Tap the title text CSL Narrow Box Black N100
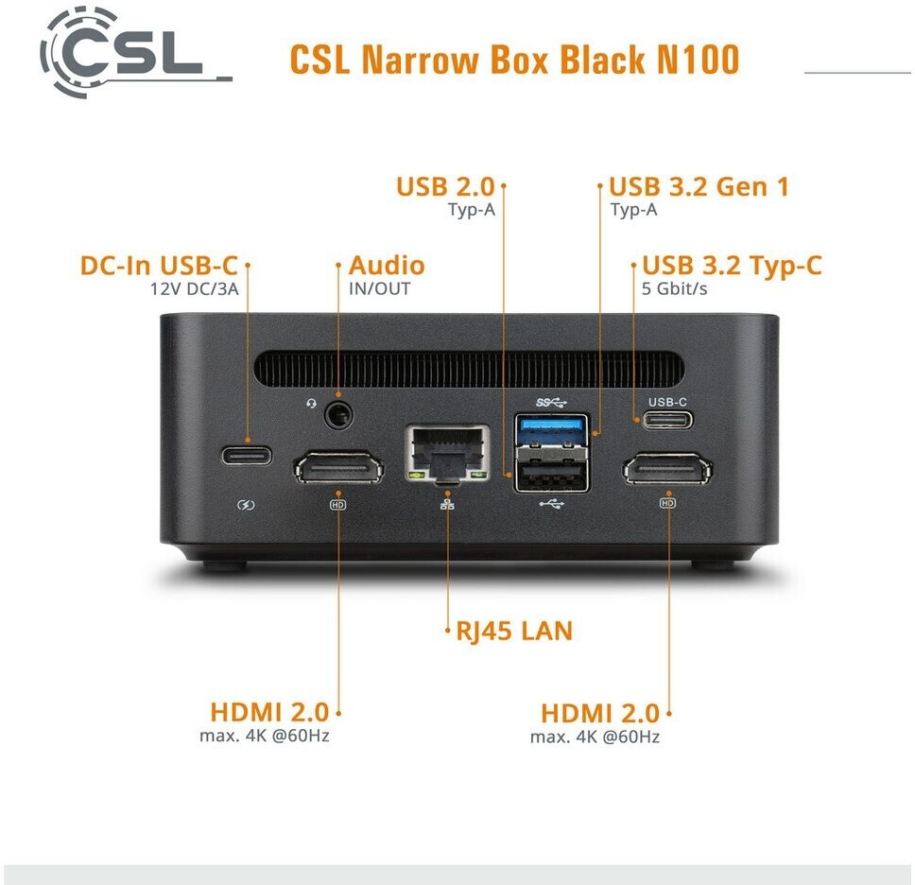click(x=513, y=60)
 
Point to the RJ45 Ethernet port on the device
click(x=448, y=453)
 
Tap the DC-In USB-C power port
click(x=247, y=455)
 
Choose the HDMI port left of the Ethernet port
click(x=338, y=468)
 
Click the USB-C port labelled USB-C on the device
click(x=667, y=419)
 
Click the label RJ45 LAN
click(x=514, y=631)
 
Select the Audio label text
click(x=387, y=266)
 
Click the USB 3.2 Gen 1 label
click(x=699, y=186)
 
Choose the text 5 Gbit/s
click(x=674, y=288)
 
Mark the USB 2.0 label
click(x=445, y=186)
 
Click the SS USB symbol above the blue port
click(x=547, y=402)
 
